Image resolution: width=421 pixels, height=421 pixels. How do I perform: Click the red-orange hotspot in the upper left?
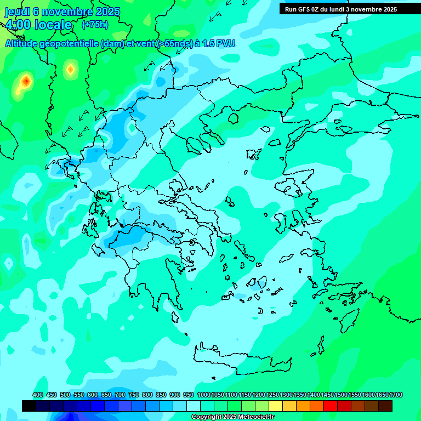pos(26,82)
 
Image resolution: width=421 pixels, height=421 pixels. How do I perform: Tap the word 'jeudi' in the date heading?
pos(18,12)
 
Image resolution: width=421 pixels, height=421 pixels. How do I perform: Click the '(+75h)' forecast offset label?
pos(95,25)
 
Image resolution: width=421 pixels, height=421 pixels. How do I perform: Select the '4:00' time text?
pos(19,25)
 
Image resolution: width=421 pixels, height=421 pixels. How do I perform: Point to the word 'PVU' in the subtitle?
pos(224,43)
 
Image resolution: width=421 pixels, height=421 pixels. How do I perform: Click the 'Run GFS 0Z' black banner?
pos(341,9)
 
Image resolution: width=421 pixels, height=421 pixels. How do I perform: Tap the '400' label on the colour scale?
pos(38,395)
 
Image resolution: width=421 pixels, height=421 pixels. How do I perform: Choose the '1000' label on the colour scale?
pos(203,395)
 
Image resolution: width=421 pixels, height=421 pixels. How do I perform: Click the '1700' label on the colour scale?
pos(396,395)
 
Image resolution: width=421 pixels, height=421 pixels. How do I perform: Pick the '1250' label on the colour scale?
pos(272,395)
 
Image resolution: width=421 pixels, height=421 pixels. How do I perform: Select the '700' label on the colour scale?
pos(120,395)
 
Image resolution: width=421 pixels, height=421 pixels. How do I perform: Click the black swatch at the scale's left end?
pos(29,406)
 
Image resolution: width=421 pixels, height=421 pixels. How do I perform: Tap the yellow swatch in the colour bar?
pos(276,406)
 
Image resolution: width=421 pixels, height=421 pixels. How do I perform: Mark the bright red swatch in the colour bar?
pos(331,406)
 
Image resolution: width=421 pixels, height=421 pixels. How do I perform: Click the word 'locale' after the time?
pos(54,25)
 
